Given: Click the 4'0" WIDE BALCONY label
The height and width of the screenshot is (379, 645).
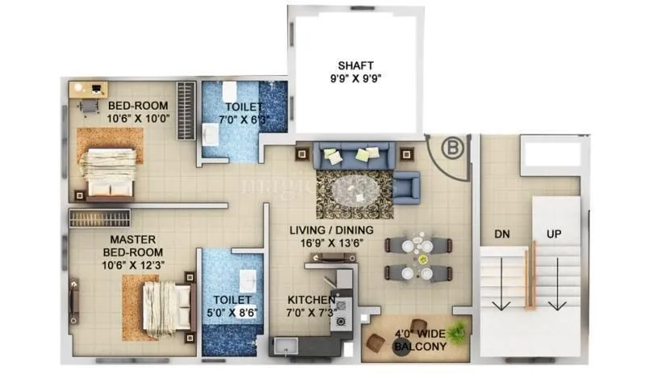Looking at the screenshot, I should pyautogui.click(x=419, y=339).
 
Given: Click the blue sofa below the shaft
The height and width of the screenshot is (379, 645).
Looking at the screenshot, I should pyautogui.click(x=355, y=154).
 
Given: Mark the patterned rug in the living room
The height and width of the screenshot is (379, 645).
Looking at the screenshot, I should pyautogui.click(x=353, y=194).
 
